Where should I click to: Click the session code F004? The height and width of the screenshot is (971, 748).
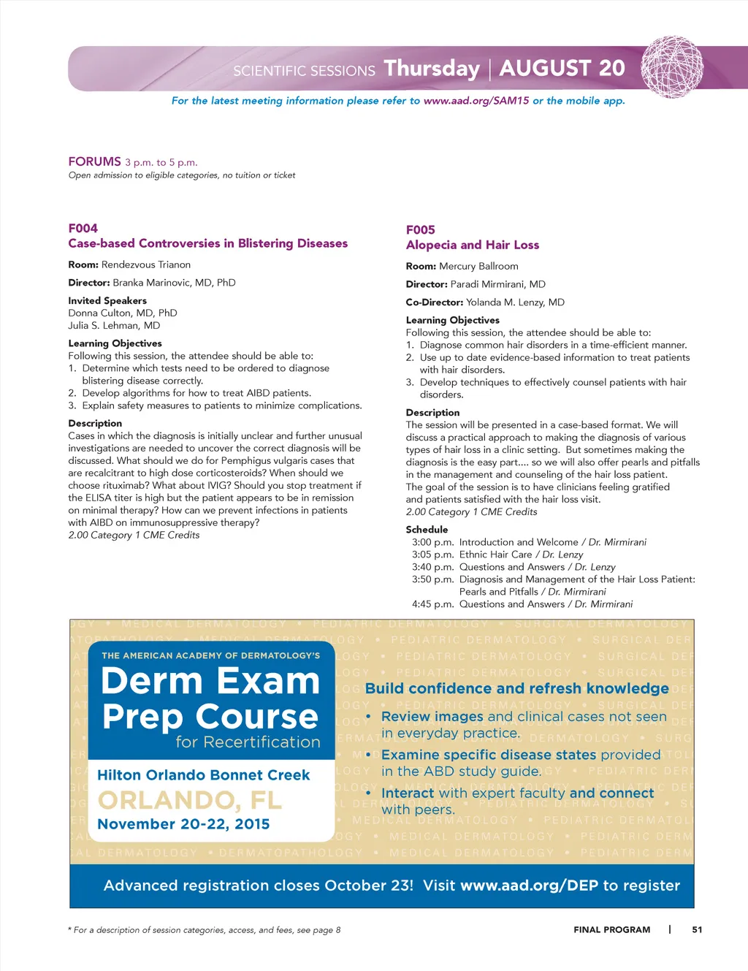click(x=83, y=228)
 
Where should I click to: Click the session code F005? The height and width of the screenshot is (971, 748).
click(x=420, y=229)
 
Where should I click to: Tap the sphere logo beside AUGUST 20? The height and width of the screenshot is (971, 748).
click(x=672, y=67)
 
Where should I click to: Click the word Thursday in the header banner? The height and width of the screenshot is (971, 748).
click(x=432, y=68)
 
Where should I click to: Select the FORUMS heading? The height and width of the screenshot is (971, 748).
click(x=94, y=161)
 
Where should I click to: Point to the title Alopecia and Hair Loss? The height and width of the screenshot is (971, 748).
click(x=472, y=245)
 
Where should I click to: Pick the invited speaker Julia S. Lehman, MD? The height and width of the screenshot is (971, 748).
click(x=114, y=326)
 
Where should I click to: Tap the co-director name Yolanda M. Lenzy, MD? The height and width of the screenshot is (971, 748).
click(x=515, y=302)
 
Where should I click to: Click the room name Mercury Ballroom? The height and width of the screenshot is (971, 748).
click(x=478, y=267)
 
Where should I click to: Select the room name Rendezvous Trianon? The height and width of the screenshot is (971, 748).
click(x=145, y=265)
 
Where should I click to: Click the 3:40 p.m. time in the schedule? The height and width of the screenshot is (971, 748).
click(x=432, y=567)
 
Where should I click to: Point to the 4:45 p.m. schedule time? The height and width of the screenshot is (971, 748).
click(x=432, y=604)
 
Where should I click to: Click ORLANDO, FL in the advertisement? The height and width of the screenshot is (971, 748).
click(x=190, y=801)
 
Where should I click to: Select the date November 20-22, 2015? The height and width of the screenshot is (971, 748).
click(x=183, y=824)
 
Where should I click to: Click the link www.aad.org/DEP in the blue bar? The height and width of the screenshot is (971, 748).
click(x=529, y=886)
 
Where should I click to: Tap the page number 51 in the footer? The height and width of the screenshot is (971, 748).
click(x=697, y=929)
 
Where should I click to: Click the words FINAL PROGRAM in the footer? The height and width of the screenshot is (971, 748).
click(x=611, y=929)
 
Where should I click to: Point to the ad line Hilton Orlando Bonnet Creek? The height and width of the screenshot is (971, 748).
click(x=203, y=775)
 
